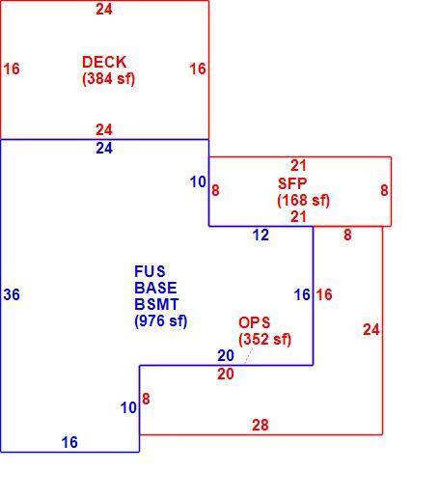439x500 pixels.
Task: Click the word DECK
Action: (104, 62)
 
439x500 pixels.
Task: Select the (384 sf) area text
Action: (108, 78)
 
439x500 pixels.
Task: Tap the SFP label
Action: (292, 183)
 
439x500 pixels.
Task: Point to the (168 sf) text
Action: (303, 200)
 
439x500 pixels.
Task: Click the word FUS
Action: (150, 271)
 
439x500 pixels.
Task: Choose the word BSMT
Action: (156, 304)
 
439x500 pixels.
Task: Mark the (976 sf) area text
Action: (161, 320)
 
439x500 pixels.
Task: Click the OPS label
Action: (255, 322)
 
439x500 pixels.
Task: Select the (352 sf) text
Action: (265, 339)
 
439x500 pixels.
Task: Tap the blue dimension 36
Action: (12, 294)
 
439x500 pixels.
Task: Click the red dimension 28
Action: (261, 425)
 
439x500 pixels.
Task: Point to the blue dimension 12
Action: (261, 235)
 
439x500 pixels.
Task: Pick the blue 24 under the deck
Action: (104, 149)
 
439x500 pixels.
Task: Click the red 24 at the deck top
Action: (104, 10)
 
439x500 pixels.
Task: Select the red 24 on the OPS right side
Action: (371, 330)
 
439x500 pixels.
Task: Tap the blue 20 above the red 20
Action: (226, 355)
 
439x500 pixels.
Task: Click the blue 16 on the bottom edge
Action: (69, 442)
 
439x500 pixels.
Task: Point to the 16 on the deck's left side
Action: (12, 69)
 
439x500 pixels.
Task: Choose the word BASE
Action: (155, 288)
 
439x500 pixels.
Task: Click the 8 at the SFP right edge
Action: (384, 190)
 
